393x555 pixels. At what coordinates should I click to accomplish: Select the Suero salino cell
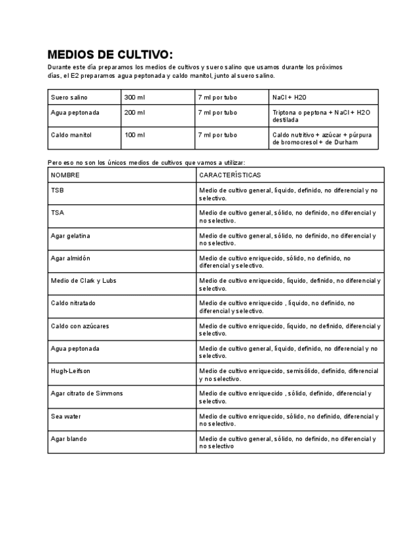pos(69,97)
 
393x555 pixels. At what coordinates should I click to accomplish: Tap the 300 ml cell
pos(134,97)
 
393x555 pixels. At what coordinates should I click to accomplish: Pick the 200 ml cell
pos(134,113)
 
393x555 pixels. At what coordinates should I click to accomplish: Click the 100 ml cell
pos(134,135)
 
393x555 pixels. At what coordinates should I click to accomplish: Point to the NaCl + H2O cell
pos(290,97)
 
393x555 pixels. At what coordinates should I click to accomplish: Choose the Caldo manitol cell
pos(71,135)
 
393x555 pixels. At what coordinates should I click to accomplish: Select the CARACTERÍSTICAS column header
pos(230,175)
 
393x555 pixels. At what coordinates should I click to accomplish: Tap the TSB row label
pos(58,190)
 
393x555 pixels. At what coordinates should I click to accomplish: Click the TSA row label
pos(58,213)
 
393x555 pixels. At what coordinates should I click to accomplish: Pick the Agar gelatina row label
pos(71,235)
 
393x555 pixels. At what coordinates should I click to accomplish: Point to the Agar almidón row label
pos(71,258)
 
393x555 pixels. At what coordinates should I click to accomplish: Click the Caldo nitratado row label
pos(73,303)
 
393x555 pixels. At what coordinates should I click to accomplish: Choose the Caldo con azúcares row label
pos(80,325)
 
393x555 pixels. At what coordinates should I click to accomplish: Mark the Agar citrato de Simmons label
pos(86,393)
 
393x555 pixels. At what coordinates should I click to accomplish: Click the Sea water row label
pos(66,416)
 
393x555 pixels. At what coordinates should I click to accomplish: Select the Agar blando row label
pos(69,439)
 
